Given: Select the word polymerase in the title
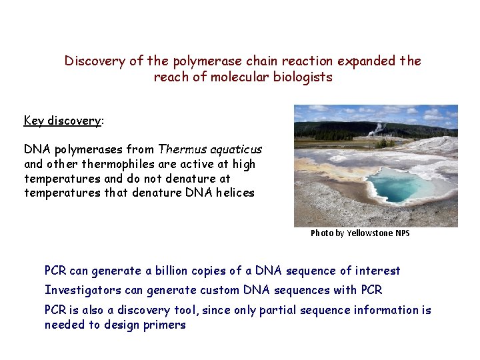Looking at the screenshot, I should (x=203, y=61).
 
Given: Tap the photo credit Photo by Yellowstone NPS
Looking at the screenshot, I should (x=360, y=233).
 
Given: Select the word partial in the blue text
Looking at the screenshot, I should (x=295, y=310).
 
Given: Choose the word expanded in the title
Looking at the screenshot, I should (x=365, y=61).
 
